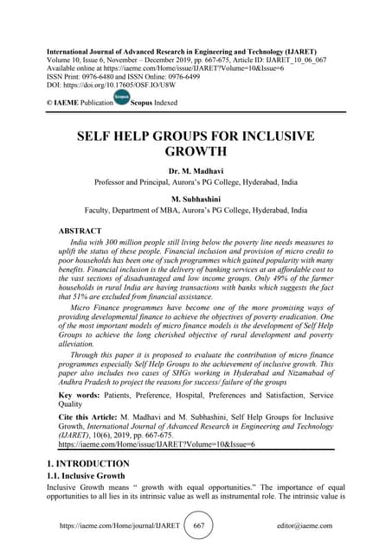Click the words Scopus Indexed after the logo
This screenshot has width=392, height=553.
click(x=159, y=103)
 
